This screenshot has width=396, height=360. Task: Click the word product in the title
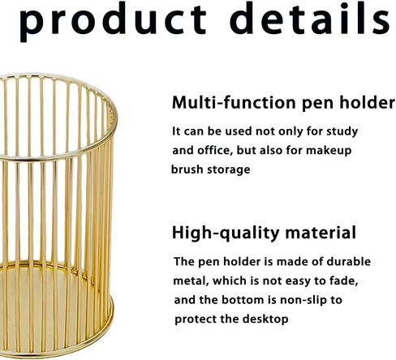pyautogui.click(x=113, y=22)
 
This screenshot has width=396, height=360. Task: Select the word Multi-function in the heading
pyautogui.click(x=234, y=102)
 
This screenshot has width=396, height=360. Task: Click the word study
pyautogui.click(x=342, y=132)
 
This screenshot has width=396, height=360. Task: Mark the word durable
pyautogui.click(x=348, y=261)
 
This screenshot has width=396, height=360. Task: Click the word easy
pyautogui.click(x=298, y=281)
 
